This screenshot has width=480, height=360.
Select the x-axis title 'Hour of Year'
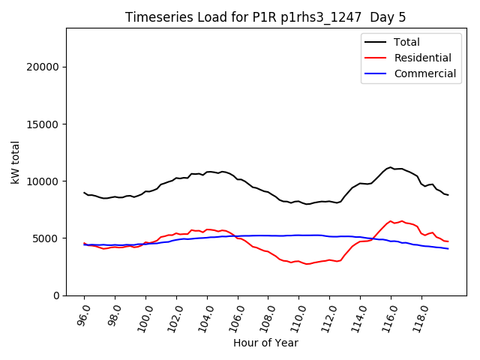click(265, 343)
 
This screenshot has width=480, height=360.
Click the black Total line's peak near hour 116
click(390, 167)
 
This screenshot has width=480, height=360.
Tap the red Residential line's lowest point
click(307, 264)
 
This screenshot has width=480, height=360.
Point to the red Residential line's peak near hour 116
click(390, 221)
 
